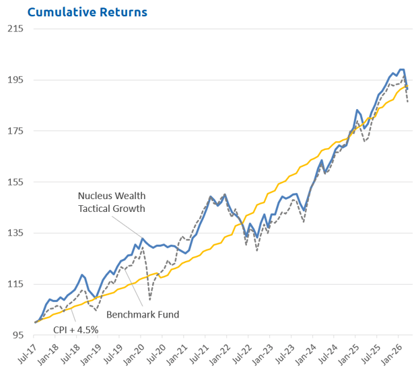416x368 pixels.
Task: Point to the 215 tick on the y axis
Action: point(15,29)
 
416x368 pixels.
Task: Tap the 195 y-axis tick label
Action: point(15,80)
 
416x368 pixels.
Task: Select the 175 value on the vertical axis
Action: point(15,131)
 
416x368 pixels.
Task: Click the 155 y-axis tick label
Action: point(15,182)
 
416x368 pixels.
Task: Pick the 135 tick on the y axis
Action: point(15,233)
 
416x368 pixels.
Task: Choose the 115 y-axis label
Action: point(15,285)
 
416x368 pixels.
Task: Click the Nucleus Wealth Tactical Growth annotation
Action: point(111,202)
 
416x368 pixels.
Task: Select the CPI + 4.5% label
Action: point(76,330)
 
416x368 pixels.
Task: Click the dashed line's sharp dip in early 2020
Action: point(150,298)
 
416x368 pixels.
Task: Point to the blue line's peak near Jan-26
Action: point(402,69)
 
